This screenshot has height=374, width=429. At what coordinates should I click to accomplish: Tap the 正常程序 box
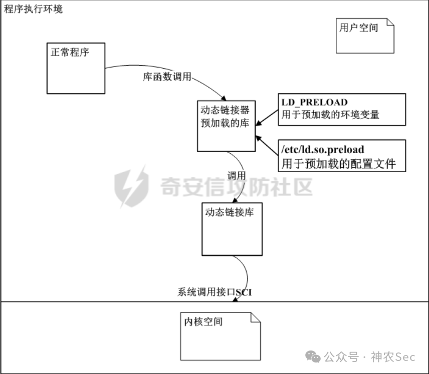pos(76,68)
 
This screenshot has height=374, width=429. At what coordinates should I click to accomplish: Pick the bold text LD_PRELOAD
pos(314,103)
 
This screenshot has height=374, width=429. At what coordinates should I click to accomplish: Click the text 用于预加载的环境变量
pos(330,115)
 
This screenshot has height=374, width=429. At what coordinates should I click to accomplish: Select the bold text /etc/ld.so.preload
pos(323,149)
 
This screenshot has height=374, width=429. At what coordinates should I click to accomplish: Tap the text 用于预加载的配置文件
pos(338,163)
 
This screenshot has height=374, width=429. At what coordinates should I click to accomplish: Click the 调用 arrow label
pos(237,175)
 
